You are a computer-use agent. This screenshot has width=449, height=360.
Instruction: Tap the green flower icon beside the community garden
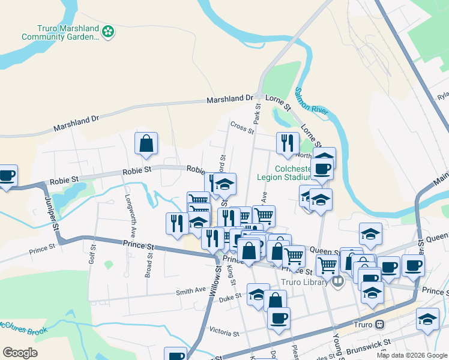coord(107,31)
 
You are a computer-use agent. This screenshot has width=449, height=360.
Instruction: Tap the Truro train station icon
coord(379,325)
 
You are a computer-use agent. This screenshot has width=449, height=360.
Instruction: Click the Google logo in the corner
coord(20,352)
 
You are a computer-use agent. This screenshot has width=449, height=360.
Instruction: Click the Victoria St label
coord(224,332)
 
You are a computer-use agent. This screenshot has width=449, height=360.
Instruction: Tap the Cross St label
coord(242,127)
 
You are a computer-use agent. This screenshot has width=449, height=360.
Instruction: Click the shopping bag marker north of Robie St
coord(146,144)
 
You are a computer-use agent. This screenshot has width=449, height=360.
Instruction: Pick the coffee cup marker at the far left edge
coord(6,176)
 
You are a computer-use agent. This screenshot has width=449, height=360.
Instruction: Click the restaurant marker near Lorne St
coord(288,143)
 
